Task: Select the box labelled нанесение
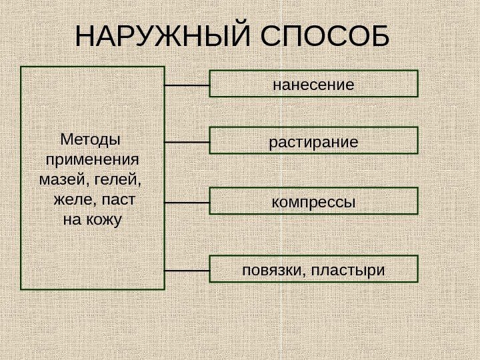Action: pos(313,84)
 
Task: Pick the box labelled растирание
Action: pos(313,141)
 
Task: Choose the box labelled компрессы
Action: pos(313,201)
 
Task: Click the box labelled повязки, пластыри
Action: pos(313,269)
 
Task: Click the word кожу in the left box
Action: pos(102,218)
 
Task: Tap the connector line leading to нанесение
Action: pos(187,85)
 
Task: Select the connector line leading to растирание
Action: pos(187,142)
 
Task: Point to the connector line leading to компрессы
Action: pos(187,201)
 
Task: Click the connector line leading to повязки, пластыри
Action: pos(187,271)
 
